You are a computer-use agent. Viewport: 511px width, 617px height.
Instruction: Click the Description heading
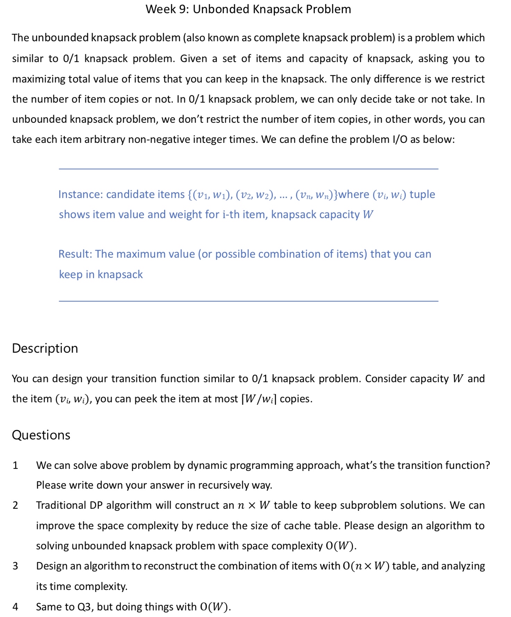coord(45,348)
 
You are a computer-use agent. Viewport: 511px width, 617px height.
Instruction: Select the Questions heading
coord(41,435)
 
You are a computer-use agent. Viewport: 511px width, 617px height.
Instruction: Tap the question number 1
coord(15,465)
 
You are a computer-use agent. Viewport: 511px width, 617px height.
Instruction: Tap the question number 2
coord(15,505)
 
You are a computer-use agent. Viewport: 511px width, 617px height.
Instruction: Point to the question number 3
coord(15,566)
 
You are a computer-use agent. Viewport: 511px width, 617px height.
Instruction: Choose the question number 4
coord(15,607)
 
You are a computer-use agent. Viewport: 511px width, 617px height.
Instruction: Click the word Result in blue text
coord(75,254)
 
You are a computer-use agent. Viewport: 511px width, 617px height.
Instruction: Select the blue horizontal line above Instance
coord(249,169)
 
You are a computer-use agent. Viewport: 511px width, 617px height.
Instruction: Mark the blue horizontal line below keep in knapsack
coord(249,301)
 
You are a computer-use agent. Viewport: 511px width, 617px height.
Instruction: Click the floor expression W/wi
coord(259,399)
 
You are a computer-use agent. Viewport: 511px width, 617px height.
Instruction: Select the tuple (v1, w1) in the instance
coord(211,195)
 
